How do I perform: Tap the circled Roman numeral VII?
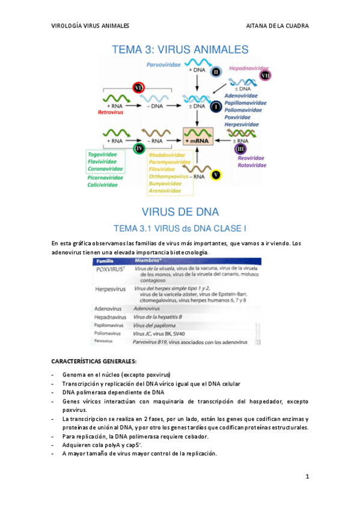[266, 75]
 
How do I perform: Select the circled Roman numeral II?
[216, 72]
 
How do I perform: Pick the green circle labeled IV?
[139, 147]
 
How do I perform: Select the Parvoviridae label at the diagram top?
[163, 63]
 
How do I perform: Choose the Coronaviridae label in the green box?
[105, 168]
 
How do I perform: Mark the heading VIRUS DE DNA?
[180, 212]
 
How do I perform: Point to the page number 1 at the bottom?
[307, 477]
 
